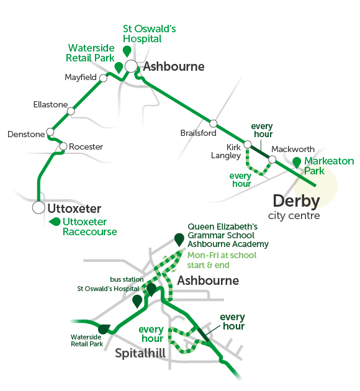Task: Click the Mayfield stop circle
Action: (x=103, y=78)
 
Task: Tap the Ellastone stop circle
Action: (x=71, y=111)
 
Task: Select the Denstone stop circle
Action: (x=50, y=132)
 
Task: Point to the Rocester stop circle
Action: (x=63, y=146)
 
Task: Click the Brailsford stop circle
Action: (x=213, y=123)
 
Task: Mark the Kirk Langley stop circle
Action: (x=247, y=144)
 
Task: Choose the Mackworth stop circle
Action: (x=272, y=159)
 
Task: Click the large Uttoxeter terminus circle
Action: (x=38, y=207)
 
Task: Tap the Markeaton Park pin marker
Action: (x=297, y=163)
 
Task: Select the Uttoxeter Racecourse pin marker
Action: (x=55, y=222)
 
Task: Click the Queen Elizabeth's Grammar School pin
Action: (x=179, y=240)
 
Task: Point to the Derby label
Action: (x=297, y=201)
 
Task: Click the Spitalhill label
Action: (x=140, y=353)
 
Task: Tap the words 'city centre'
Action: (x=294, y=216)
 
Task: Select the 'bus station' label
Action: (x=127, y=279)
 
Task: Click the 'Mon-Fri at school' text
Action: (x=222, y=255)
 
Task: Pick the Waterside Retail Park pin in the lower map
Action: (x=104, y=329)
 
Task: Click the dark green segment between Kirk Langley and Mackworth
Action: (x=260, y=151)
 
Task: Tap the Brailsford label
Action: (x=198, y=133)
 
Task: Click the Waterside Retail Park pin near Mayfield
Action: (x=119, y=67)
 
